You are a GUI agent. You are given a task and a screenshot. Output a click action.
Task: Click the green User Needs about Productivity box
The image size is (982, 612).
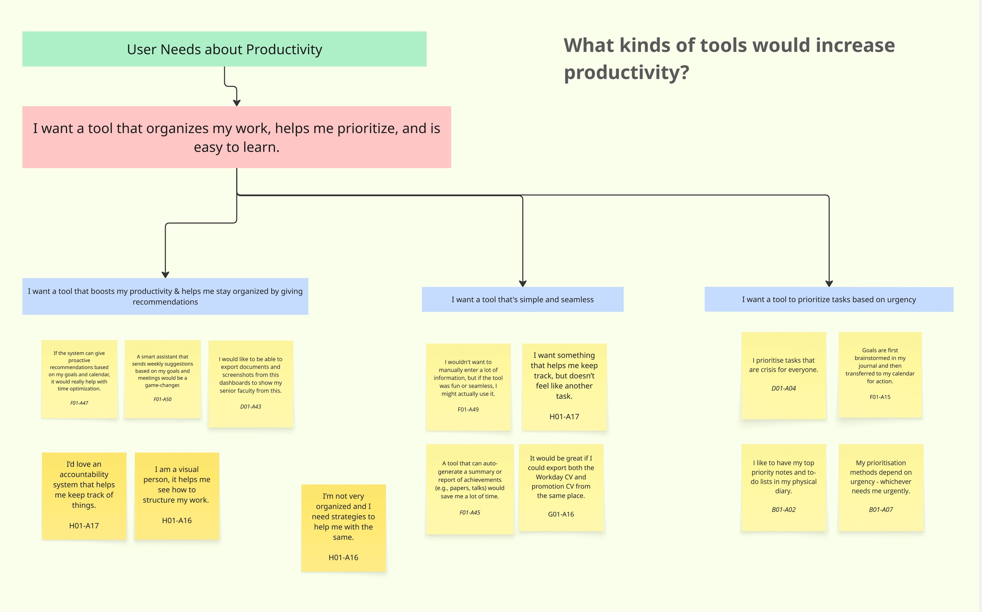click(224, 49)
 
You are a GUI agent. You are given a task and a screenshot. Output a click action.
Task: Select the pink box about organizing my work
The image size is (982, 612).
click(237, 137)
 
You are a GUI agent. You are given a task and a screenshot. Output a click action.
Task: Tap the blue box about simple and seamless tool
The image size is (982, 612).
click(522, 299)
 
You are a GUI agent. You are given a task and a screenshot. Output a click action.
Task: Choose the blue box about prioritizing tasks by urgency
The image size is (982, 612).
click(829, 299)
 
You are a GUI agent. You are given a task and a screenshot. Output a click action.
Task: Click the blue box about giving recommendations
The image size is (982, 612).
click(165, 296)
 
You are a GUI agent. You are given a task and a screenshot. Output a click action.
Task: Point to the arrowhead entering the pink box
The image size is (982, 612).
click(237, 102)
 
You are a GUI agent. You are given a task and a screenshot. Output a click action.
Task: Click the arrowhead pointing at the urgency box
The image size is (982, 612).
click(829, 283)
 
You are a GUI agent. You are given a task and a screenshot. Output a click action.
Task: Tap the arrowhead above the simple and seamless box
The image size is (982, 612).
click(523, 283)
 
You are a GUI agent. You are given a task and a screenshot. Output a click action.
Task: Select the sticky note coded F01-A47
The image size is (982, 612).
click(79, 379)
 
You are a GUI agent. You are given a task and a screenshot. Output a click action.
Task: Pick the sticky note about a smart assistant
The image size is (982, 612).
click(162, 379)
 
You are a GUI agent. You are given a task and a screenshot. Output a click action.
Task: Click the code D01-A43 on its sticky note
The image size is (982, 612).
click(251, 406)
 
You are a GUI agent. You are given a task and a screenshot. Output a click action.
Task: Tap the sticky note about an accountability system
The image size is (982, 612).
click(84, 495)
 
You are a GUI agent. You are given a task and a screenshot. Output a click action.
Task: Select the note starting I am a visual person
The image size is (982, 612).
click(177, 495)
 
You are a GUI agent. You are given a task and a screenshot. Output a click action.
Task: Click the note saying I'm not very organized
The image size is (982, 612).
click(343, 527)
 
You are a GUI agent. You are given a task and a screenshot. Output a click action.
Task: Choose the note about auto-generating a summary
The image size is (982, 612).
click(470, 489)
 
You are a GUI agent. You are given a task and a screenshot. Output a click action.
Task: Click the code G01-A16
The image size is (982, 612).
click(561, 514)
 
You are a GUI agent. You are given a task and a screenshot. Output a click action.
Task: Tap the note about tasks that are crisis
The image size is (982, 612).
click(784, 375)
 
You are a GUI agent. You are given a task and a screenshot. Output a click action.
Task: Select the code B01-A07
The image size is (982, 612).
click(881, 510)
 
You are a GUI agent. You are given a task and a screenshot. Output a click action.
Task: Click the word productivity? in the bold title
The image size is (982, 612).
click(627, 73)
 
